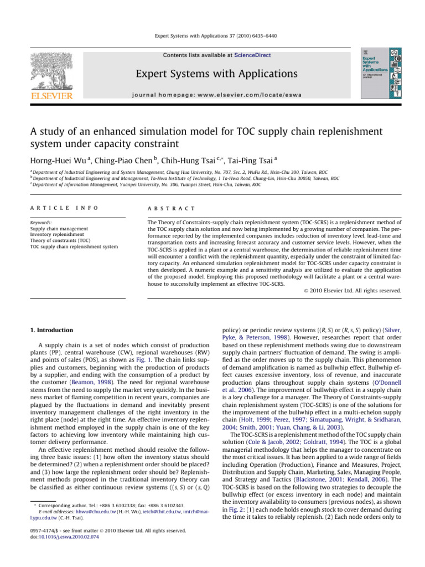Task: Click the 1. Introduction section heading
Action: [51, 331]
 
